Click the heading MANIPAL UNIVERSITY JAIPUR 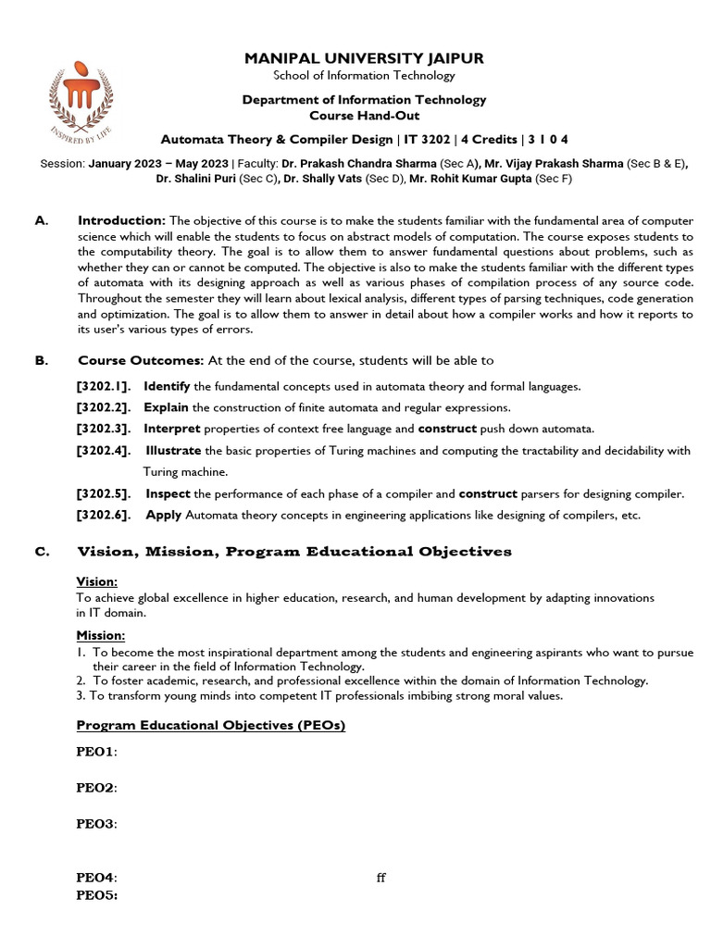[x=364, y=58]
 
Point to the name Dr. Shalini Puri [x=196, y=179]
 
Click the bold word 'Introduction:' [x=121, y=220]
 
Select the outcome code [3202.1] [x=103, y=386]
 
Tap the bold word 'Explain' [x=167, y=407]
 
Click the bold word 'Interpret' [x=172, y=429]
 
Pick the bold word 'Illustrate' [x=173, y=451]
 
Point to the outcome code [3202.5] [x=103, y=493]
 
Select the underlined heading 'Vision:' [x=96, y=581]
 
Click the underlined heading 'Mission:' [x=100, y=636]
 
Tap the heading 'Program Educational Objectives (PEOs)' [x=210, y=725]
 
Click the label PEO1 [x=96, y=752]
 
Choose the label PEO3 [x=96, y=824]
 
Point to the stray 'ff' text [x=380, y=879]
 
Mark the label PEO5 [x=96, y=896]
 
